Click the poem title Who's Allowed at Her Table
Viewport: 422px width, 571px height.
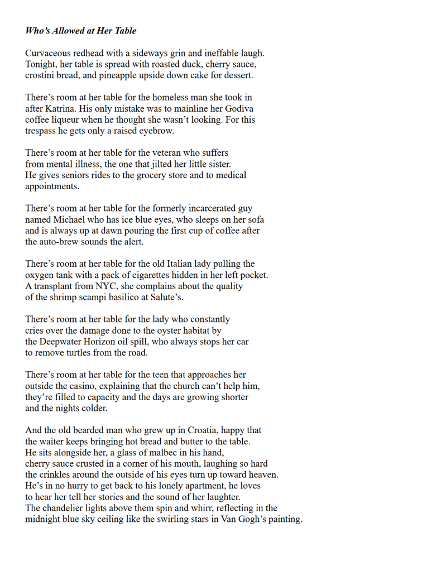(80, 31)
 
